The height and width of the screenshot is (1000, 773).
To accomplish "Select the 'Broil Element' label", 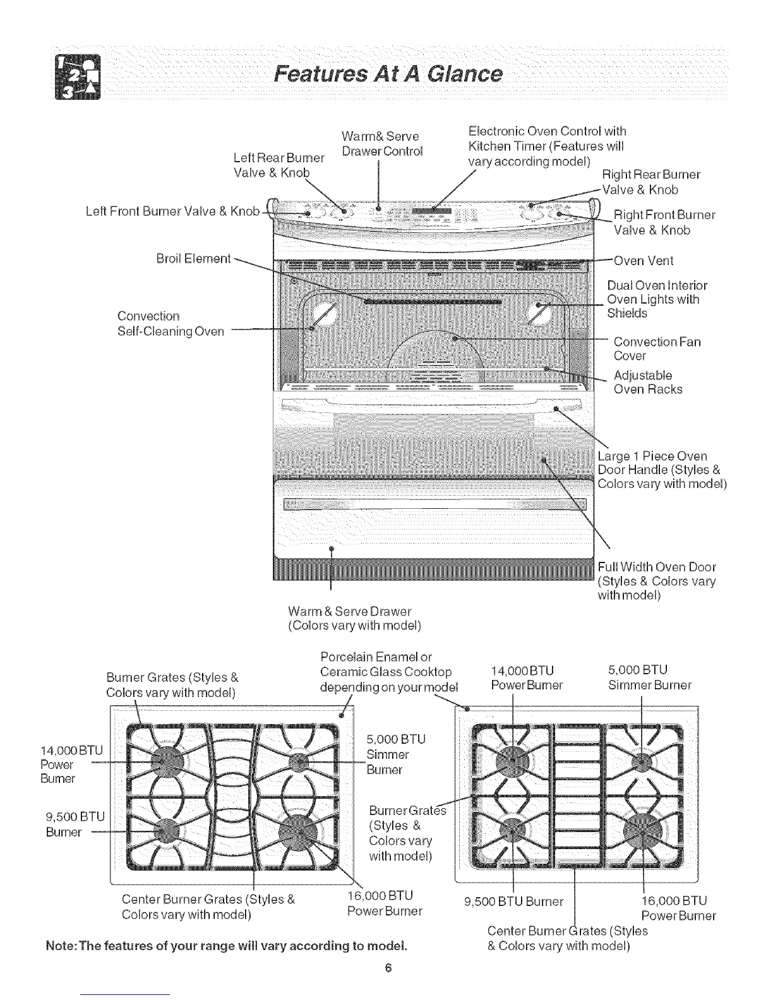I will click(193, 258).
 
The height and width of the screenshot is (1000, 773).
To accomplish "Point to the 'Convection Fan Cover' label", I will click(657, 348).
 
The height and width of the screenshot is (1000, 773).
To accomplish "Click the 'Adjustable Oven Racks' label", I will click(647, 383).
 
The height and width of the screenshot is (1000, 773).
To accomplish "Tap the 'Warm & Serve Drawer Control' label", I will click(381, 144).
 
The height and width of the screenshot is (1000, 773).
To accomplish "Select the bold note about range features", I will click(227, 946).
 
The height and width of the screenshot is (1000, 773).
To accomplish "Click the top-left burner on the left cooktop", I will click(164, 760).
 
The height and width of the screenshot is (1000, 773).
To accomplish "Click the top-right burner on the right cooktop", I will click(642, 761).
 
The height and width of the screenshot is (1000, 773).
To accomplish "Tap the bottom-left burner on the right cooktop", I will click(512, 829).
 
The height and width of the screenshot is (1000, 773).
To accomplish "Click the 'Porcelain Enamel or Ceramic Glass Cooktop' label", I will click(386, 671).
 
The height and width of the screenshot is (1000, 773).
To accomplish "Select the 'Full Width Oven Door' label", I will click(657, 581).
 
